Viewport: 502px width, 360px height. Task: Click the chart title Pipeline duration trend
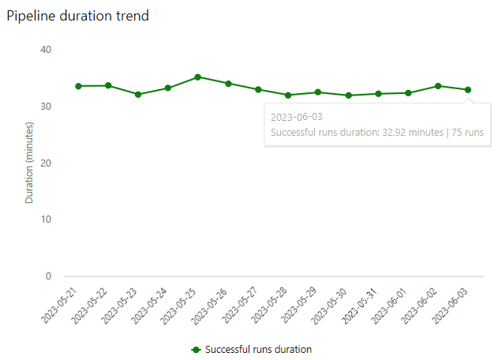click(77, 16)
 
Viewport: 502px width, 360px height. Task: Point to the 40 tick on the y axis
click(45, 50)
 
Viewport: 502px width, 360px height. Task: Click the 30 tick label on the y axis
click(45, 107)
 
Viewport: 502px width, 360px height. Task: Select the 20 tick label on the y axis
click(45, 163)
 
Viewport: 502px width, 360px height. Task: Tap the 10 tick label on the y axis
click(45, 219)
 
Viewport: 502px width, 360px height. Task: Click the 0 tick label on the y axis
click(47, 276)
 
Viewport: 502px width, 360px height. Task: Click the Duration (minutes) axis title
click(29, 163)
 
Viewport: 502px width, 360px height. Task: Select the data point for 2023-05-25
click(198, 77)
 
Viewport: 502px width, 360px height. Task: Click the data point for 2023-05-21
click(78, 86)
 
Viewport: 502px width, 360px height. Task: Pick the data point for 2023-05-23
click(138, 94)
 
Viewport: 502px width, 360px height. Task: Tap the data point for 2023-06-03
click(468, 90)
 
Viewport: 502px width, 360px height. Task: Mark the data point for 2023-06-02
click(438, 86)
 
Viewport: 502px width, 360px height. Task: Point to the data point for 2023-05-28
click(288, 95)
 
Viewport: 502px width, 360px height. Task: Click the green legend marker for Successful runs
click(195, 349)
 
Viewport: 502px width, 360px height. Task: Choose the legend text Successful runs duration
click(258, 349)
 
